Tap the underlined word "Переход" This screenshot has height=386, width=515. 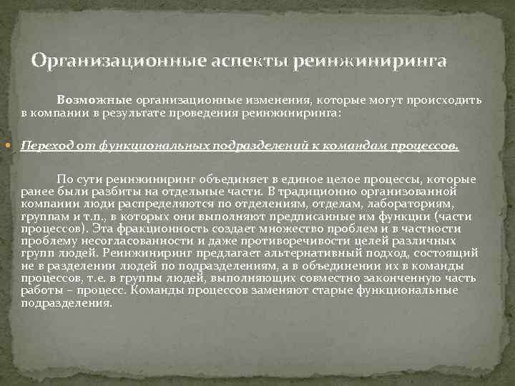pyautogui.click(x=45, y=147)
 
